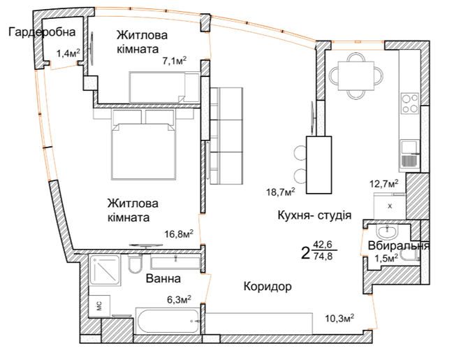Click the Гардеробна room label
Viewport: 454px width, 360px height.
(42, 32)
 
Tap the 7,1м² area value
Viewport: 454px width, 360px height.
(174, 62)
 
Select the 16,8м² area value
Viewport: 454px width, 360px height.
(179, 233)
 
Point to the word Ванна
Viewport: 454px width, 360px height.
(163, 278)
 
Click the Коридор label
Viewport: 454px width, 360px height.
(268, 287)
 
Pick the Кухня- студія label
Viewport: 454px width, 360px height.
(314, 215)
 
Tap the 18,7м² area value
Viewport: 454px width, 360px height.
(281, 192)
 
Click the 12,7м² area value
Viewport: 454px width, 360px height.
(384, 183)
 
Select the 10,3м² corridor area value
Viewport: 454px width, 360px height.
(340, 318)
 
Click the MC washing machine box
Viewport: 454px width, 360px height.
(99, 305)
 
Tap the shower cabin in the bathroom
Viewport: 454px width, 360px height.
(105, 270)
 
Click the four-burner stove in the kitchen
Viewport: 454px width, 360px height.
(410, 103)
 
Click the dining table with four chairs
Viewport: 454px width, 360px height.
(356, 75)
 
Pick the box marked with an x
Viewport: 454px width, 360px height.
(390, 206)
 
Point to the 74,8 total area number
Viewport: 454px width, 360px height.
(323, 256)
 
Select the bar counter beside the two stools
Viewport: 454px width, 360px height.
(318, 165)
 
